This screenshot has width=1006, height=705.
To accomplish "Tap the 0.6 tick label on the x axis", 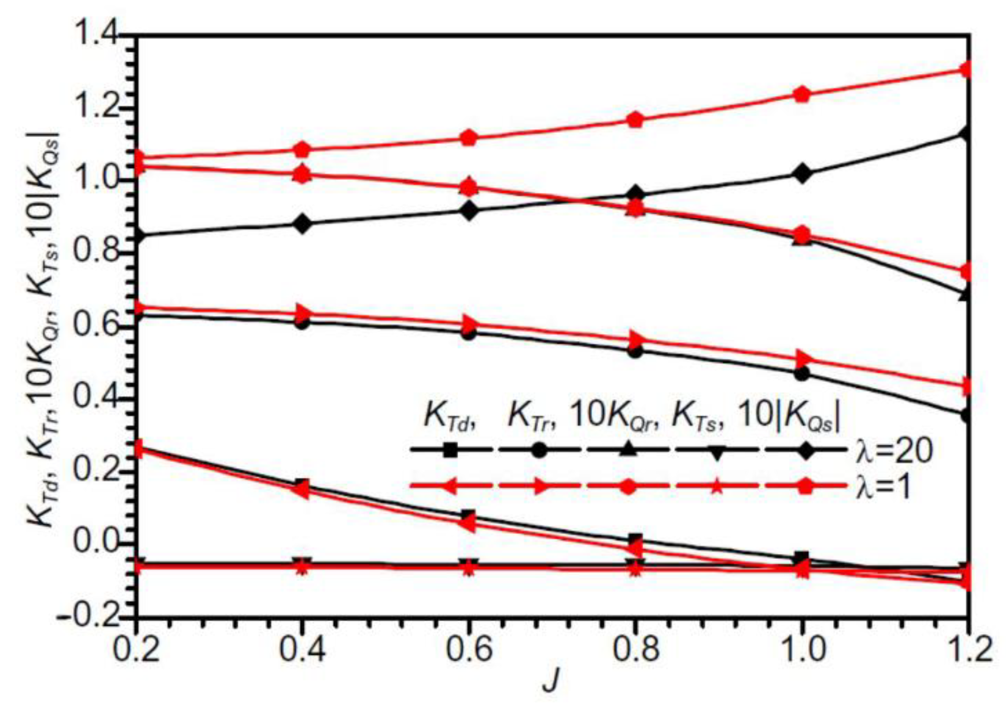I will click(469, 650).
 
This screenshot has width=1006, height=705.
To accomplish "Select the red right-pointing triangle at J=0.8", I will click(636, 340).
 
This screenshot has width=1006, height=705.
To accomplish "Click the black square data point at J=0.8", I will click(636, 540).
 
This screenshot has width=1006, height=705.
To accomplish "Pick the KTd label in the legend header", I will click(449, 418).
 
